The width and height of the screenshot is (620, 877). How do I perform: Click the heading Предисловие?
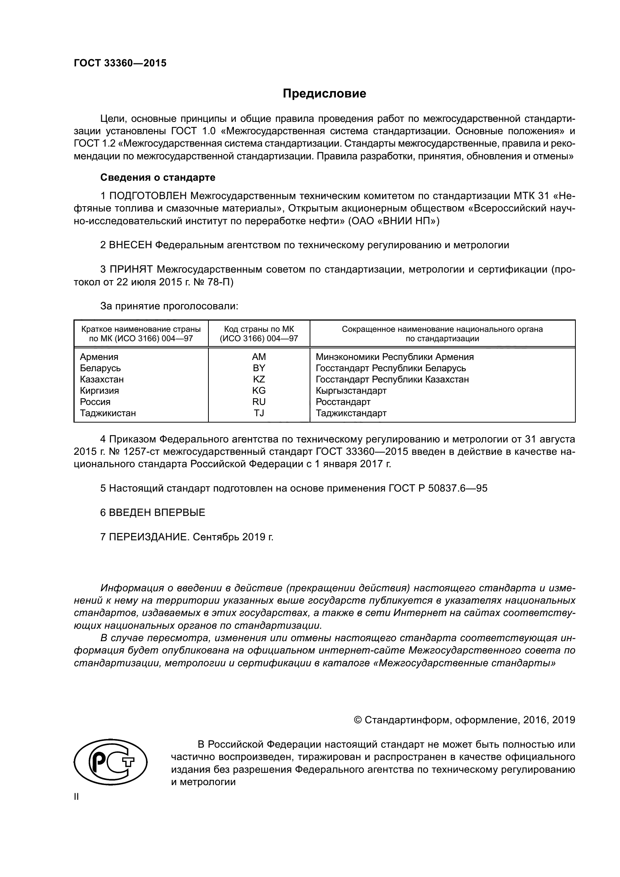click(x=324, y=94)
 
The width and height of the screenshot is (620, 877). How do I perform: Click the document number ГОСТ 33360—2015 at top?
click(x=120, y=63)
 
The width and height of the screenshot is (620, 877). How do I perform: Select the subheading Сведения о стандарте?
click(x=158, y=178)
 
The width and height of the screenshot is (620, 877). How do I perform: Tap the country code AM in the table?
click(x=259, y=357)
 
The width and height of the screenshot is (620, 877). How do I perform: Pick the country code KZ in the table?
click(x=259, y=379)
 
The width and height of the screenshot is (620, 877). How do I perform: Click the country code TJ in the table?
click(x=259, y=413)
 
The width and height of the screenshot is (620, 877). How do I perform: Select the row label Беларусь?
click(x=100, y=368)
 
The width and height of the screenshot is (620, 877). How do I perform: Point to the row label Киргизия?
click(x=99, y=391)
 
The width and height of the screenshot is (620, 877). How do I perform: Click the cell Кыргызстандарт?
click(x=351, y=391)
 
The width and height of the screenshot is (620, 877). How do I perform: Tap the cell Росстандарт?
click(x=343, y=402)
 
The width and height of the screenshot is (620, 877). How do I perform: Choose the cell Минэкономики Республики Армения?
click(x=394, y=357)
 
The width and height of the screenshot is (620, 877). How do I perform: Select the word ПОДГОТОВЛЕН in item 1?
click(x=148, y=196)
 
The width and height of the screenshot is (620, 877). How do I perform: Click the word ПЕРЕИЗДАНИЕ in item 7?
click(x=149, y=537)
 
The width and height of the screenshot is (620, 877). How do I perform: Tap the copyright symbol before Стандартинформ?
click(x=358, y=720)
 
